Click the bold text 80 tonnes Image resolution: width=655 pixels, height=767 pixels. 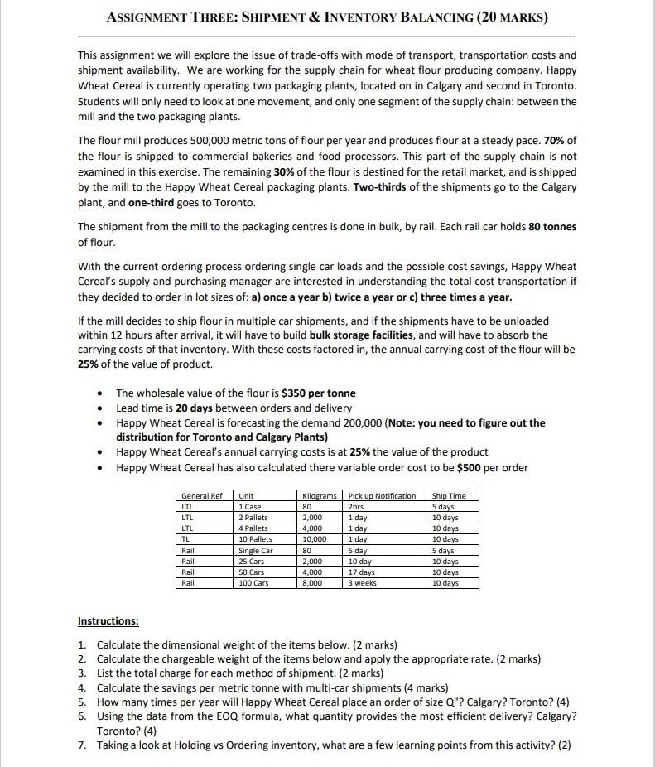click(553, 226)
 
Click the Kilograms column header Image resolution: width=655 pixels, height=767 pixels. click(320, 495)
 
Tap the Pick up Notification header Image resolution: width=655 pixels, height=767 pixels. click(382, 495)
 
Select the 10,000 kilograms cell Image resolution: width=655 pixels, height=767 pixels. click(314, 538)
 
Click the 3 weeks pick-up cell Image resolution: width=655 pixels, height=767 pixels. click(362, 582)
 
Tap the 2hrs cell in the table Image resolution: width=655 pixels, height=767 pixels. click(356, 506)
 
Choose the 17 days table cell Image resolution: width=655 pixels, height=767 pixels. click(362, 572)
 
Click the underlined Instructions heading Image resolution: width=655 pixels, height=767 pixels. click(108, 620)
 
